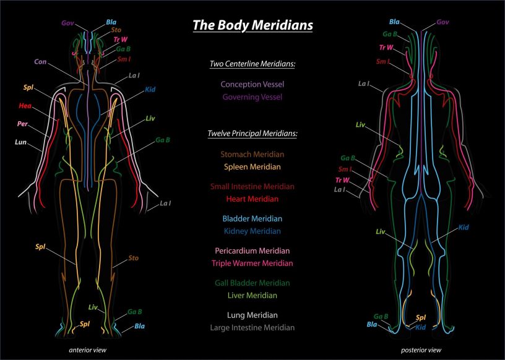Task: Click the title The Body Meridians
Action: (252, 25)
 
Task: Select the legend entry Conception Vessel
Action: (252, 84)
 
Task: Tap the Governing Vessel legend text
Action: (252, 97)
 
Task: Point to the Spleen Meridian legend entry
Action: (252, 167)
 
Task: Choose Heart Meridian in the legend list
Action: (252, 199)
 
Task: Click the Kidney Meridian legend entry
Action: (252, 231)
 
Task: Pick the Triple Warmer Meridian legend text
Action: (252, 264)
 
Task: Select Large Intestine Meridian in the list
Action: (252, 328)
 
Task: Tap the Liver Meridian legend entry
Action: (252, 296)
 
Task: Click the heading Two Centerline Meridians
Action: (252, 64)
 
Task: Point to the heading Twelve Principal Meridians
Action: (252, 134)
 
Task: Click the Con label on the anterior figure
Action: (40, 61)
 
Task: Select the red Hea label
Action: (25, 106)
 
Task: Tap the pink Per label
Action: (22, 124)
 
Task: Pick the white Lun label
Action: (20, 142)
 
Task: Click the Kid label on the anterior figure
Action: (150, 89)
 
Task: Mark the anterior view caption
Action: (88, 350)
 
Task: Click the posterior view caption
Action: (421, 350)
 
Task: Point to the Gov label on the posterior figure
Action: (442, 22)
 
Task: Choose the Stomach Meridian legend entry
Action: (252, 154)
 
